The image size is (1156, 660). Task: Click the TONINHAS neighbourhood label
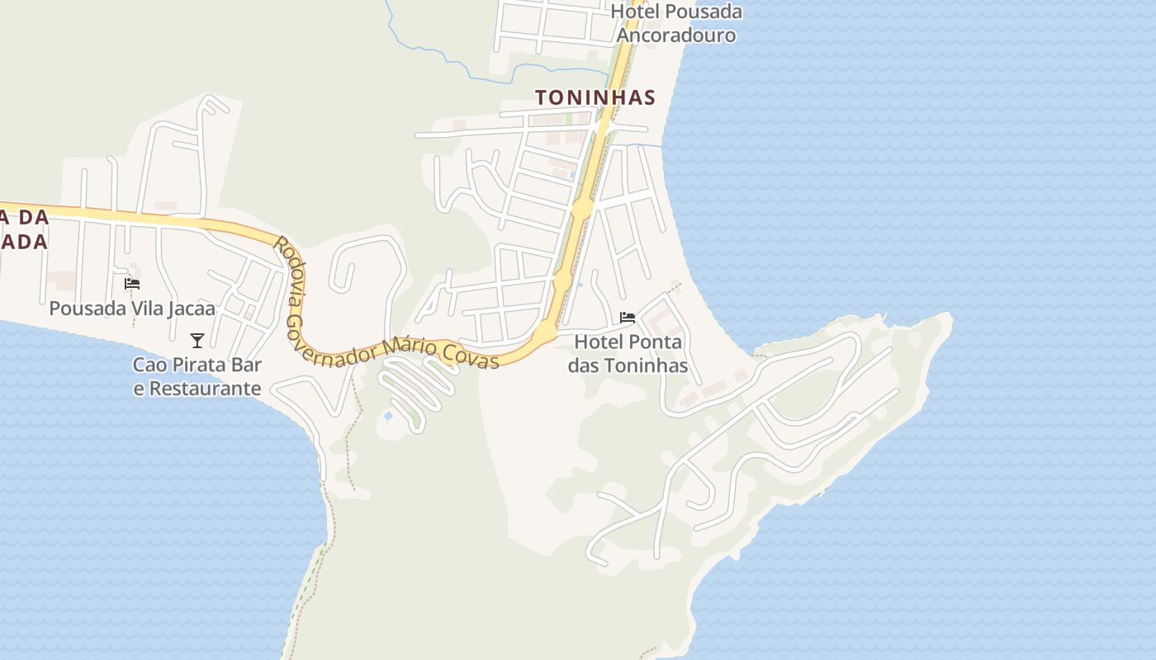pyautogui.click(x=595, y=97)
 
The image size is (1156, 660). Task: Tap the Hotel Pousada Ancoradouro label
pyautogui.click(x=676, y=23)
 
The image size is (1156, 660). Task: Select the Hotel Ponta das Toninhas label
pyautogui.click(x=628, y=353)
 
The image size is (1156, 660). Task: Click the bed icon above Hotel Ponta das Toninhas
pyautogui.click(x=628, y=318)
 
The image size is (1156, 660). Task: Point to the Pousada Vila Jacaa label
pyautogui.click(x=132, y=309)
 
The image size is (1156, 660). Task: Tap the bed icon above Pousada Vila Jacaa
pyautogui.click(x=132, y=284)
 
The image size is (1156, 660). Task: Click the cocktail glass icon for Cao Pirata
pyautogui.click(x=197, y=340)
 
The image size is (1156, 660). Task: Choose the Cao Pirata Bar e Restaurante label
pyautogui.click(x=197, y=376)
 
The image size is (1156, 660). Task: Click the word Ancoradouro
pyautogui.click(x=676, y=35)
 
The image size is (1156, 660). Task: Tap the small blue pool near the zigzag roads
pyautogui.click(x=388, y=416)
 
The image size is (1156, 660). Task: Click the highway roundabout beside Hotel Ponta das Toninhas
pyautogui.click(x=546, y=332)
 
